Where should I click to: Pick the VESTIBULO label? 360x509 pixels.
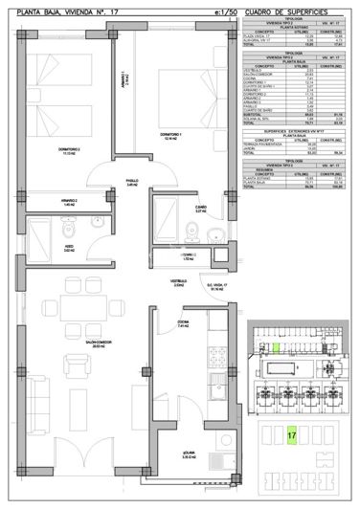(178, 282)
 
